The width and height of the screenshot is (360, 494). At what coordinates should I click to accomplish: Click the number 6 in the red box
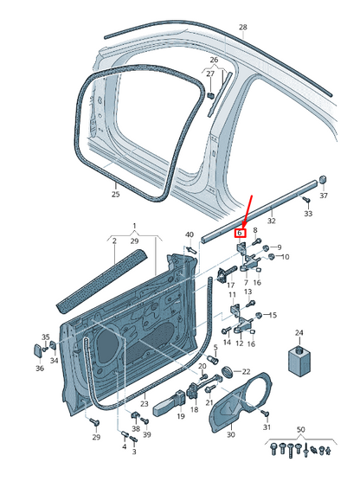point(240,233)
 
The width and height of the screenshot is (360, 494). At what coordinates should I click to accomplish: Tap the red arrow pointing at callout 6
point(247,212)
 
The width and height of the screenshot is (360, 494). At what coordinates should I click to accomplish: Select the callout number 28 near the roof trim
point(242,28)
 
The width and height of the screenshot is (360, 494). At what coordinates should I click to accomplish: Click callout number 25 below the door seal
point(116,194)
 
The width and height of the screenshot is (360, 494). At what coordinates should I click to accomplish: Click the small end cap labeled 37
point(323,180)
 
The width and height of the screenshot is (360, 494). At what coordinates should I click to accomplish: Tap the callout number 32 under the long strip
point(271,221)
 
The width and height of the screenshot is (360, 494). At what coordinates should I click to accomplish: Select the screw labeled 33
point(306,200)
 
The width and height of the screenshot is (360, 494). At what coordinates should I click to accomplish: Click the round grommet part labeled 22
point(228,371)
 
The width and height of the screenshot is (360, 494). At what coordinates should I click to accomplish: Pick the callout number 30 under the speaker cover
point(231,435)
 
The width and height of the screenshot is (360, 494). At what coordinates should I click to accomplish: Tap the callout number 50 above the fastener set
point(301,429)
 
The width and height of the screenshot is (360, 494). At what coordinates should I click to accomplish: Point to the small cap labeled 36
point(37,350)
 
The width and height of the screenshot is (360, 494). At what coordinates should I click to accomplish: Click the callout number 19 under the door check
point(181,416)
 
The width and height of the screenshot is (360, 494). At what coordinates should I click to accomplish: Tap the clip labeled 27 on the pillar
point(211,95)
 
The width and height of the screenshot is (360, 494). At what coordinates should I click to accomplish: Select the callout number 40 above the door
point(190,234)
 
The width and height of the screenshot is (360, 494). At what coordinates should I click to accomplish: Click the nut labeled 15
point(258,315)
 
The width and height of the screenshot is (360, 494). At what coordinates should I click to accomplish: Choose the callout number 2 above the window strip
point(114,241)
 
